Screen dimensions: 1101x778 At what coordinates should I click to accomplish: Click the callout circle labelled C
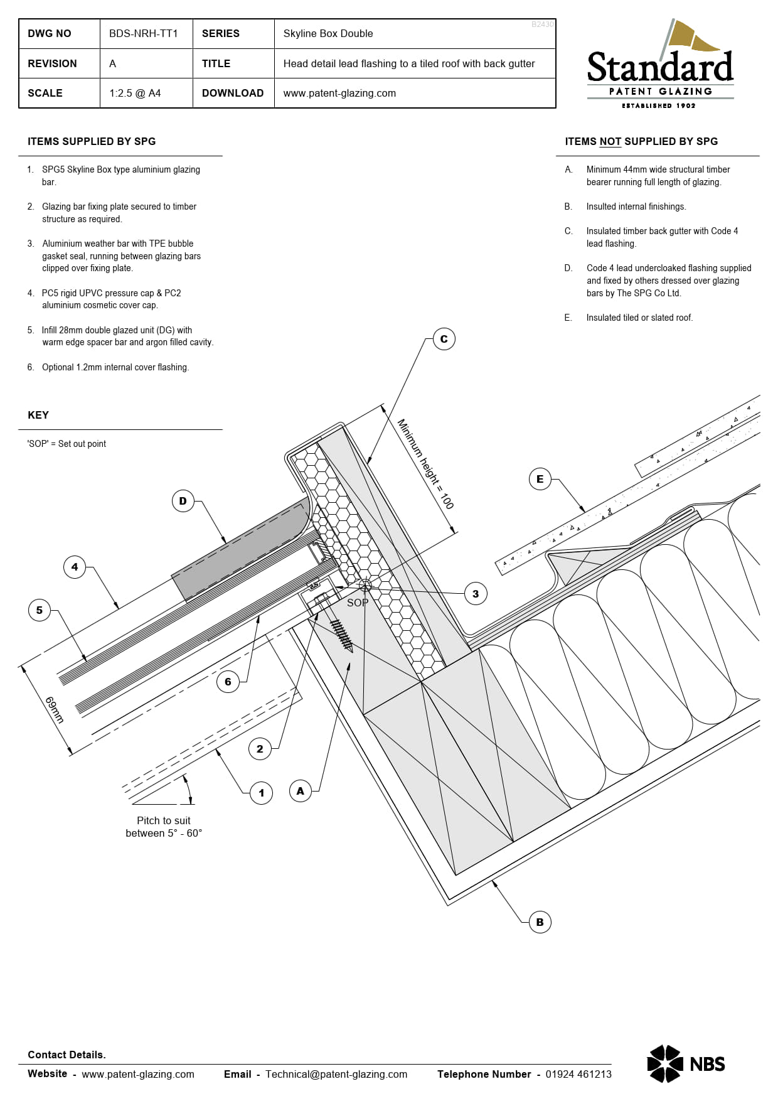[x=444, y=339]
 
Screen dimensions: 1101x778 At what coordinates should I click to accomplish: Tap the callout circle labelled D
[x=183, y=501]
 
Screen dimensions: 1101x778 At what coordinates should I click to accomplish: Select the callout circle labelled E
[x=540, y=479]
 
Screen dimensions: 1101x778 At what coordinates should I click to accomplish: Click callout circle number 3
[x=475, y=593]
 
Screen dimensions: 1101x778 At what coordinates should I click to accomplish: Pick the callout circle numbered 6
[x=228, y=681]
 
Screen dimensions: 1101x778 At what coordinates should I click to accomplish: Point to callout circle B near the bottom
[x=540, y=922]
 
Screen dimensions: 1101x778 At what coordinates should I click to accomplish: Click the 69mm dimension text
[x=55, y=710]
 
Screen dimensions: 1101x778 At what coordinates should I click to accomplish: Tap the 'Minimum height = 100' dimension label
[x=425, y=464]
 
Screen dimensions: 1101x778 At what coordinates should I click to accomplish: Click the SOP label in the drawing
[x=357, y=603]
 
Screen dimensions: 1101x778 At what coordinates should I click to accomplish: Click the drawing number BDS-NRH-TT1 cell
[x=144, y=33]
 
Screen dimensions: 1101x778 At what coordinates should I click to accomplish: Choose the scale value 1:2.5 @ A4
[x=135, y=93]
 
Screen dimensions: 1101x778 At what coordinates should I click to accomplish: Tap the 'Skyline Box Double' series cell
[x=328, y=33]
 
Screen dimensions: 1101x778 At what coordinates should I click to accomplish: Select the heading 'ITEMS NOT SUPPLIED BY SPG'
[x=641, y=141]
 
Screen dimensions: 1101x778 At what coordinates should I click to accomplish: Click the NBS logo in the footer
[x=686, y=1064]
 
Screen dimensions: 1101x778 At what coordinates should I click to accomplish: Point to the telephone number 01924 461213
[x=578, y=1074]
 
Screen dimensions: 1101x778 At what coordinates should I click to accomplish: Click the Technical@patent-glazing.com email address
[x=336, y=1074]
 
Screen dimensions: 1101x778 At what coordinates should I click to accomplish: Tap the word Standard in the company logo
[x=660, y=68]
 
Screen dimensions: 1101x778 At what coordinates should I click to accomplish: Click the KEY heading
[x=38, y=415]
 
